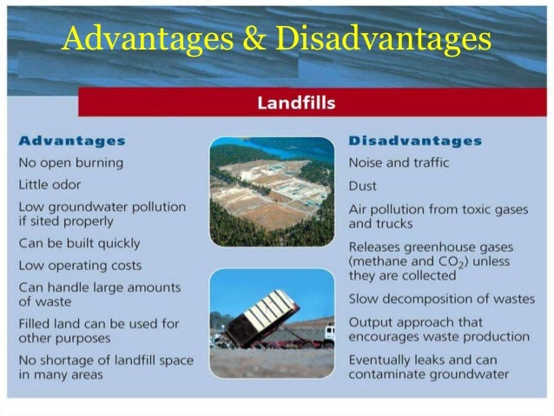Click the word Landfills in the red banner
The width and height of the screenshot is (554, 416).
point(296,103)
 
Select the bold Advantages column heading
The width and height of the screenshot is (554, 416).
point(72,141)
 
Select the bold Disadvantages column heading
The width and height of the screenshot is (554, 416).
point(415,141)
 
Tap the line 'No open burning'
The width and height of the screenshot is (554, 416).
point(71,162)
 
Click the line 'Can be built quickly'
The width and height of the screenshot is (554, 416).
point(79,243)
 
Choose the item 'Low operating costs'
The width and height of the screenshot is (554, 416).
point(80,265)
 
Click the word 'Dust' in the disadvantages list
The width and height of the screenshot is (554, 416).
point(363,185)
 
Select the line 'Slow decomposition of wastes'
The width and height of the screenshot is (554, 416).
point(441,299)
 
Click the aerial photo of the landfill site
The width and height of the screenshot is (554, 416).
point(271,191)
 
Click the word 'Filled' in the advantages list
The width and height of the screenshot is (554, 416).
point(36,323)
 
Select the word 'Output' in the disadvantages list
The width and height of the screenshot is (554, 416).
point(371,321)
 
